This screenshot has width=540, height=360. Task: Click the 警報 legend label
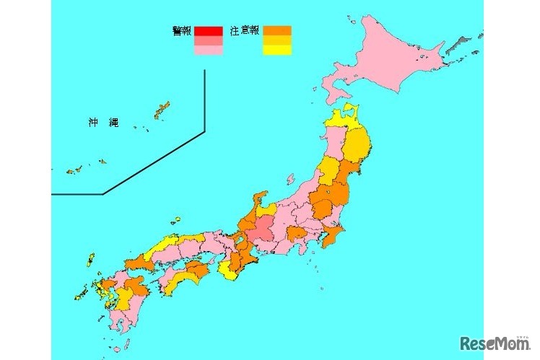click(x=182, y=31)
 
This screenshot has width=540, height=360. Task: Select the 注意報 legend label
click(x=245, y=31)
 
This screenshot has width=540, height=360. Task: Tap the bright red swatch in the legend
click(x=208, y=31)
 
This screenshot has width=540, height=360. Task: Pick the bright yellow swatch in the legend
click(x=277, y=51)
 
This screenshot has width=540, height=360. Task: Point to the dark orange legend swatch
click(x=277, y=31)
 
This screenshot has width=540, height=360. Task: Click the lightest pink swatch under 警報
click(x=208, y=51)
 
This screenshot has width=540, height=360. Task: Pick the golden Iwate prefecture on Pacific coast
click(x=357, y=144)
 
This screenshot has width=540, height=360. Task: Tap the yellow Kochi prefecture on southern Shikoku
click(x=182, y=278)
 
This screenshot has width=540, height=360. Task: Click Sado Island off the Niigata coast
click(x=290, y=179)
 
